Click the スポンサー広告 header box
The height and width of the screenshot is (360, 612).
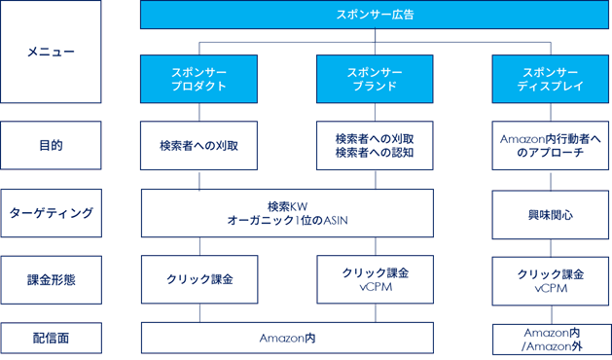[x=375, y=15]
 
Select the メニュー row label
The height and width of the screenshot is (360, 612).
[x=51, y=52]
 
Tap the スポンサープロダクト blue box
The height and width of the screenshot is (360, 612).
[x=199, y=79]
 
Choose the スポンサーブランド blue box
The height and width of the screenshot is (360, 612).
[x=375, y=79]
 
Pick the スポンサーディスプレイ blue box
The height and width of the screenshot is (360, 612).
[x=550, y=79]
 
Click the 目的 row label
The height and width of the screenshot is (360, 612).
[x=51, y=145]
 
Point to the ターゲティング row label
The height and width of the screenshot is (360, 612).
[x=51, y=212]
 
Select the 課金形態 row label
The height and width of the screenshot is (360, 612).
[x=51, y=279]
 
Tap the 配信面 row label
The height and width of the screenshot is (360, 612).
[x=51, y=338]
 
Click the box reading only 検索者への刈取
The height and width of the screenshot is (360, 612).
[x=199, y=145]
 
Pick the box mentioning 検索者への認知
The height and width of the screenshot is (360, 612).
[x=375, y=145]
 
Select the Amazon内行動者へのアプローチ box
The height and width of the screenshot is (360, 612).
[x=550, y=145]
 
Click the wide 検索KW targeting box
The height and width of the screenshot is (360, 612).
[x=287, y=212]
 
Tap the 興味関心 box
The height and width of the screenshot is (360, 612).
[x=550, y=212]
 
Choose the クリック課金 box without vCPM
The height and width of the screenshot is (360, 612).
[x=199, y=279]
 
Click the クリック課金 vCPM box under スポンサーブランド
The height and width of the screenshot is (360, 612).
[x=375, y=279]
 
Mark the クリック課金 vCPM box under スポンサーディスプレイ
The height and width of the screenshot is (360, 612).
[x=550, y=279]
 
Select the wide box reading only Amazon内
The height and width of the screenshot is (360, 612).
[x=287, y=338]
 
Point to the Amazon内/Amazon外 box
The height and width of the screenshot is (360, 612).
[x=550, y=338]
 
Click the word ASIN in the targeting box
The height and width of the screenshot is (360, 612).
[x=332, y=220]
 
